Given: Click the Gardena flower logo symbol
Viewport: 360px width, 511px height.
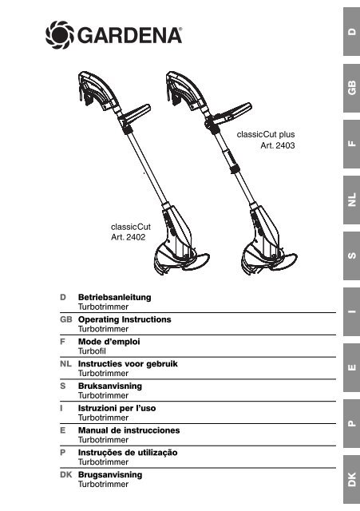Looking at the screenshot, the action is [60, 35].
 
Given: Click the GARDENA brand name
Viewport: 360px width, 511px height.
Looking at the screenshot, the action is [129, 35].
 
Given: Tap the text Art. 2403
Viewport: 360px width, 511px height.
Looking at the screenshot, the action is [278, 145].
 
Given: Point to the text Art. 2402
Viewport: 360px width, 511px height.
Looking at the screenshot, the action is [128, 237].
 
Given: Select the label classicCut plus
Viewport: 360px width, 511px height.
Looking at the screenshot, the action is [266, 134].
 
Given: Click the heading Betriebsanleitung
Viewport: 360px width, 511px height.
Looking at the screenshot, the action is [115, 297].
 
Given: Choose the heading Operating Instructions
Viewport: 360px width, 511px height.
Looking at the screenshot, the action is [125, 319].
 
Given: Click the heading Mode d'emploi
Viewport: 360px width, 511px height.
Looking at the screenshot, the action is [109, 342].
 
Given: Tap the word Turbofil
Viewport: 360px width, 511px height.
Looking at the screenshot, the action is [92, 351].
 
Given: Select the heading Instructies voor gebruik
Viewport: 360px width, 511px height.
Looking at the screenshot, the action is [128, 364].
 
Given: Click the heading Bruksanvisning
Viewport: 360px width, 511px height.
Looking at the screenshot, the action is [110, 386].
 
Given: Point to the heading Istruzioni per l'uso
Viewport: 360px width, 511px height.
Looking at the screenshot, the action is [117, 408].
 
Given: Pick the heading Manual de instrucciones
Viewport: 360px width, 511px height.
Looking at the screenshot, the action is [129, 430].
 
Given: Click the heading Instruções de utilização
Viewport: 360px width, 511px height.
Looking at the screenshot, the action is [128, 453].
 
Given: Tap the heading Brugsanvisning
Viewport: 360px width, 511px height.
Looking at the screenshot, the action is [110, 474].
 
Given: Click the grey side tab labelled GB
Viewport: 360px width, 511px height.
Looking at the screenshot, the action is [351, 88].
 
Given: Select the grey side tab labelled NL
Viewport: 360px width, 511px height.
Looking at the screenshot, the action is [351, 200].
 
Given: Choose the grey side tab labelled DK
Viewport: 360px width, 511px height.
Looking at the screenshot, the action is [351, 479].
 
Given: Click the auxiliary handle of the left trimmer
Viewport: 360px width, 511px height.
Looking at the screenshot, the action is [135, 115].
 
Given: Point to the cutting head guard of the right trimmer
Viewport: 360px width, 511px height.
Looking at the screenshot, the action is [270, 261].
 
